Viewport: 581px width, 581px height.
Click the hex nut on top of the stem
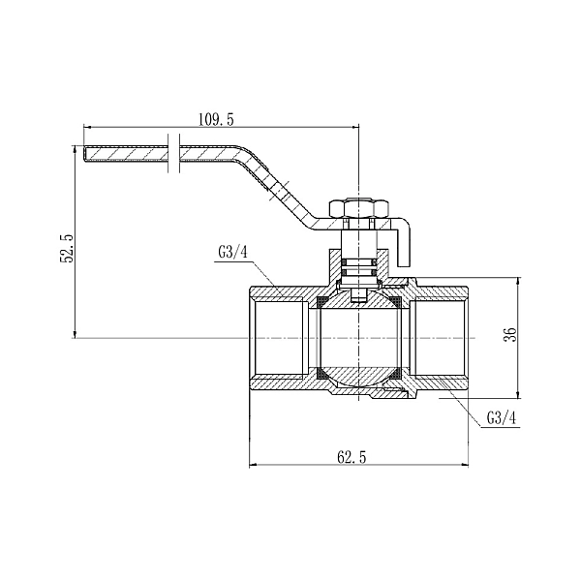click(x=359, y=209)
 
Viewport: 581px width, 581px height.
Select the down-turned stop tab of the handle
click(x=407, y=243)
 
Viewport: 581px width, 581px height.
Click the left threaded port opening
click(x=278, y=337)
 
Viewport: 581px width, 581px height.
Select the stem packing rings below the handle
click(x=359, y=262)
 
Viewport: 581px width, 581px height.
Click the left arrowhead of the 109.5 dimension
click(x=87, y=127)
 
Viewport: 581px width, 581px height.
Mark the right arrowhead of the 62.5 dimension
click(x=465, y=466)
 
